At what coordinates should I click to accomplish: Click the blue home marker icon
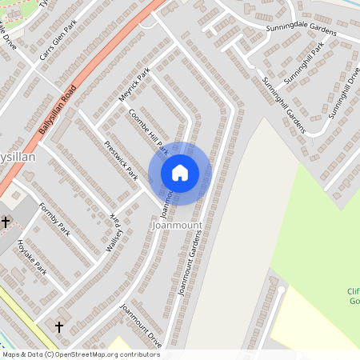(x=180, y=172)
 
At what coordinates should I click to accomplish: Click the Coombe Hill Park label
(x=148, y=132)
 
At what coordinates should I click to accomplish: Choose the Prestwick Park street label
(x=121, y=161)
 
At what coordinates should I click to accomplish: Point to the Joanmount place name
(x=176, y=226)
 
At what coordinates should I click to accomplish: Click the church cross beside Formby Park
(x=6, y=222)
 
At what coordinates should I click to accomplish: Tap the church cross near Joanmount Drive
(x=58, y=326)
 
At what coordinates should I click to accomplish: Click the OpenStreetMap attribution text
(x=80, y=354)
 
